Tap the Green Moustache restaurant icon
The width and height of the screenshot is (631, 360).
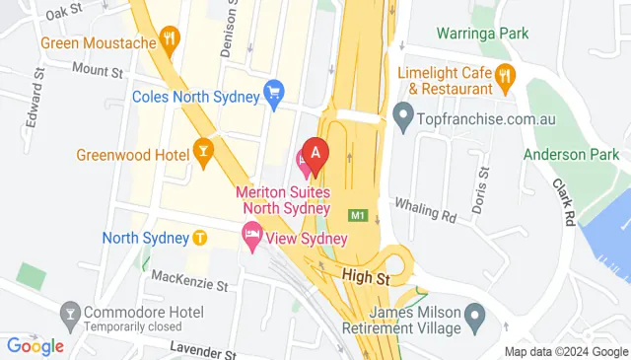coord(172,42)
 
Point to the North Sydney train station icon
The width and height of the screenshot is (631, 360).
coord(200,238)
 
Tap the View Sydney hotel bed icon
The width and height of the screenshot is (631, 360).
coord(251,235)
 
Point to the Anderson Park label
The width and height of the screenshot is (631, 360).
coord(571,155)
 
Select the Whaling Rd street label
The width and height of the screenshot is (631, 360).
coord(425,208)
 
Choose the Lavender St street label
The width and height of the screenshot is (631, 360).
coord(206,348)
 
